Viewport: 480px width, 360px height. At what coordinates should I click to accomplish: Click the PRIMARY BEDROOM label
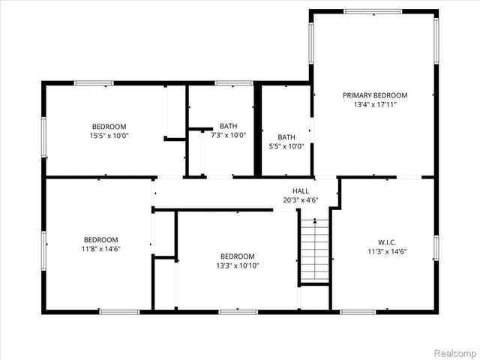(x=374, y=95)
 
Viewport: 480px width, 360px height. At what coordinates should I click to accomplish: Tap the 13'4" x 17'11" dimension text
(x=374, y=105)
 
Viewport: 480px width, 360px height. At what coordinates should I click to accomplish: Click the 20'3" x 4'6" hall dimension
(x=301, y=200)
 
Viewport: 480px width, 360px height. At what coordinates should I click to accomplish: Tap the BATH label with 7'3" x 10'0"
(x=227, y=126)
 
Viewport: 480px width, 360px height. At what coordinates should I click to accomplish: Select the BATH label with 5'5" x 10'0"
(x=286, y=137)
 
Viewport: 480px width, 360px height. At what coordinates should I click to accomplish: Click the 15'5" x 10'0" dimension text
(x=109, y=136)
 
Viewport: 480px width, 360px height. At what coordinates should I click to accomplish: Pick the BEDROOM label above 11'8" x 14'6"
(x=100, y=239)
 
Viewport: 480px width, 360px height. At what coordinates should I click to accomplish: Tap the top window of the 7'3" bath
(x=227, y=82)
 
